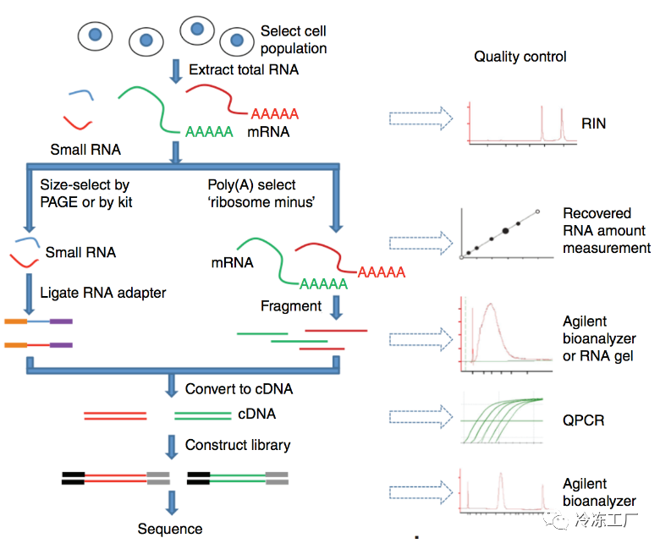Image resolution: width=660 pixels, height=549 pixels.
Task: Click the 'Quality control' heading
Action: pos(520,57)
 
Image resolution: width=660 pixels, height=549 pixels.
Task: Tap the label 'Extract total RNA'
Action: pos(244,69)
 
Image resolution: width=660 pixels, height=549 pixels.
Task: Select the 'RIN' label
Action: pos(593,124)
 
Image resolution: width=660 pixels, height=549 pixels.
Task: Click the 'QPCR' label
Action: pos(583,420)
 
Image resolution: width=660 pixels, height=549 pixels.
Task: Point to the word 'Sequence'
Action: pos(170,529)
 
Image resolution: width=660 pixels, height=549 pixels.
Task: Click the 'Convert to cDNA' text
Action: pos(239,389)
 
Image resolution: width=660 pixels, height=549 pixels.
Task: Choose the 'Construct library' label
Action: pos(238,445)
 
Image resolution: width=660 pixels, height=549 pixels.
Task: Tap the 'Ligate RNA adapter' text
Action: pos(103,293)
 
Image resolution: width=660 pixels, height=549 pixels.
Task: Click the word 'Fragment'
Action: pos(291,306)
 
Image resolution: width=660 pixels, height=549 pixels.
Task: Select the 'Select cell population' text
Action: pos(294,40)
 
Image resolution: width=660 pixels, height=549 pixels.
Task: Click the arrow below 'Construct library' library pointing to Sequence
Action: pos(171,502)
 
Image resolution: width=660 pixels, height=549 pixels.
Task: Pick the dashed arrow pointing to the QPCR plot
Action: pos(421,416)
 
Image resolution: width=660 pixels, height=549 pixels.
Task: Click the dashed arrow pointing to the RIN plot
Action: pos(421,118)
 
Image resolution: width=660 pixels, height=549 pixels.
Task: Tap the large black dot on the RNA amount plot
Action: pos(505,231)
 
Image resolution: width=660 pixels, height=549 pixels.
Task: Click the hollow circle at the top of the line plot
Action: pos(537,211)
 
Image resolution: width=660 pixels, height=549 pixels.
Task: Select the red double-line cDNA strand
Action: pos(115,416)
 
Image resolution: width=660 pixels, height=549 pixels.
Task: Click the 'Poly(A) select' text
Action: pos(251,184)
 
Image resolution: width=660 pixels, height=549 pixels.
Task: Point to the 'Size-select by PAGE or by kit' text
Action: pos(85,194)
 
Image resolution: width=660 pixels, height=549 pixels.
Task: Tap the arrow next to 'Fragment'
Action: pos(336,308)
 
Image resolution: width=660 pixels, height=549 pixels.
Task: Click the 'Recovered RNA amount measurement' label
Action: pos(607,231)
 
